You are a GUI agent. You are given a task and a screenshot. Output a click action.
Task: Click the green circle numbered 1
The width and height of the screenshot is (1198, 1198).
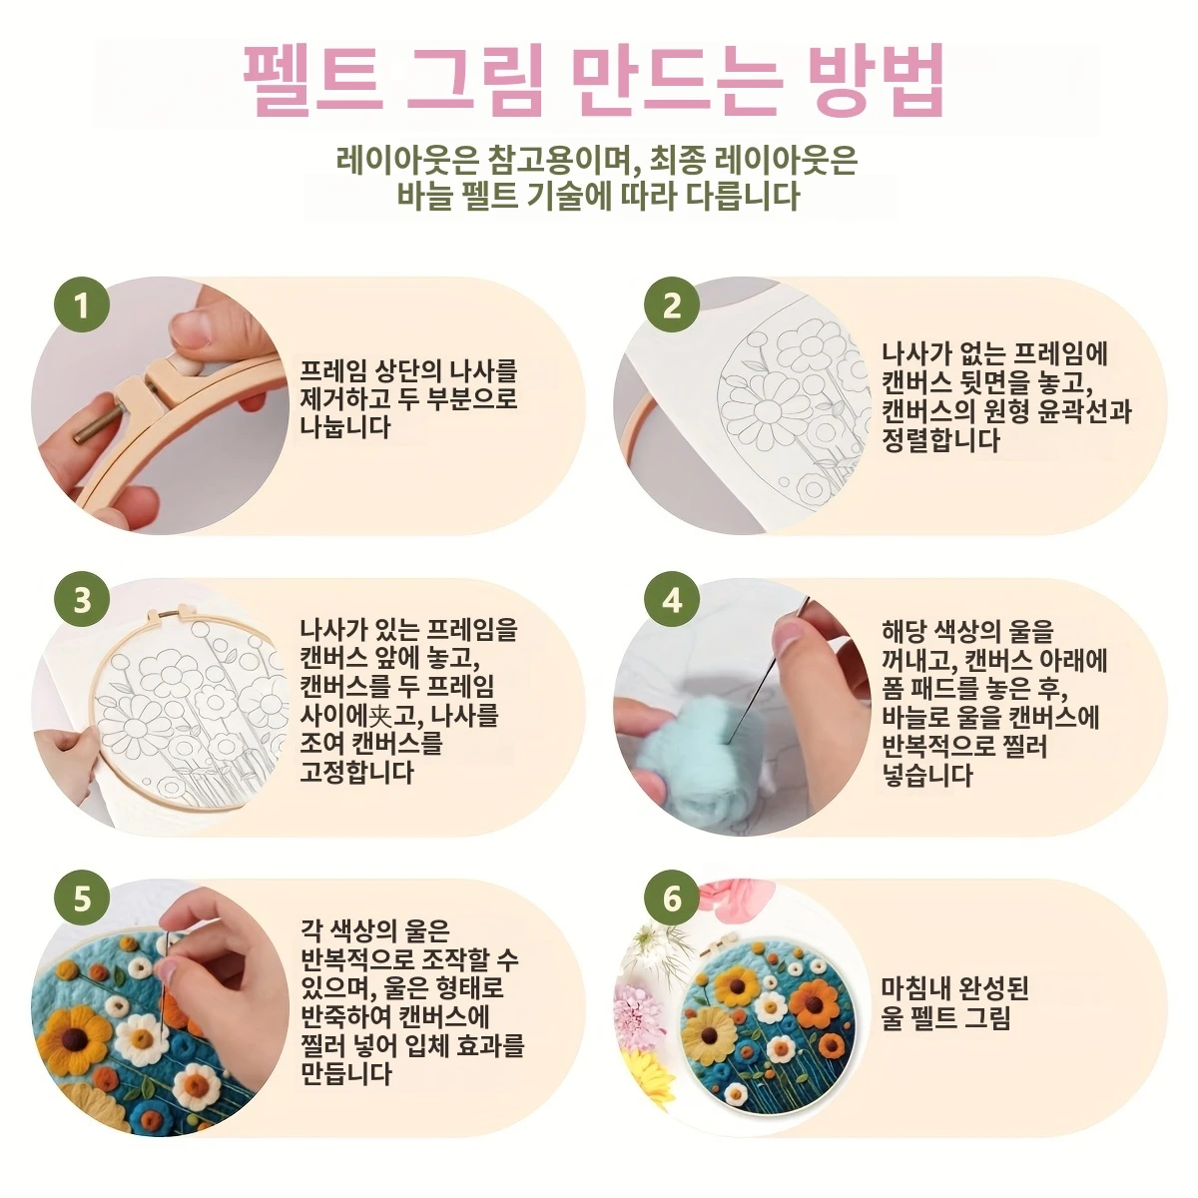pyautogui.click(x=82, y=305)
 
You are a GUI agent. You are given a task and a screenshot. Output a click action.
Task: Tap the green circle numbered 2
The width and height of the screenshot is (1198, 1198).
pyautogui.click(x=672, y=305)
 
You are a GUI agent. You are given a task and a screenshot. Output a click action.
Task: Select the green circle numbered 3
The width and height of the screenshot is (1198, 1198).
pyautogui.click(x=82, y=601)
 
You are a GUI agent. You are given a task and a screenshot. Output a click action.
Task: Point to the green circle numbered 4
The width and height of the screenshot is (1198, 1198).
pyautogui.click(x=672, y=601)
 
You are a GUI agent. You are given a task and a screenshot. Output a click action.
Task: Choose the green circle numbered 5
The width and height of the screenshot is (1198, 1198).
pyautogui.click(x=82, y=898)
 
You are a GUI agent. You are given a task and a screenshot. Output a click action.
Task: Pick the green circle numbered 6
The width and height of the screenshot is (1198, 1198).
pyautogui.click(x=672, y=898)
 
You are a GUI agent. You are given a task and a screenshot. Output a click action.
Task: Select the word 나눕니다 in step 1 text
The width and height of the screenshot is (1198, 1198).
pyautogui.click(x=345, y=427)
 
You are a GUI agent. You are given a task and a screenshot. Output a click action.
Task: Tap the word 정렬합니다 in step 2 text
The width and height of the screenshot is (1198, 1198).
pyautogui.click(x=940, y=440)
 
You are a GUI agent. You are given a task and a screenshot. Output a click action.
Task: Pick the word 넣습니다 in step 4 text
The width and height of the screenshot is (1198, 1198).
pyautogui.click(x=927, y=775)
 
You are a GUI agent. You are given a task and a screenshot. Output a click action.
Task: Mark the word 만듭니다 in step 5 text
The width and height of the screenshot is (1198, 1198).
pyautogui.click(x=345, y=1072)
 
